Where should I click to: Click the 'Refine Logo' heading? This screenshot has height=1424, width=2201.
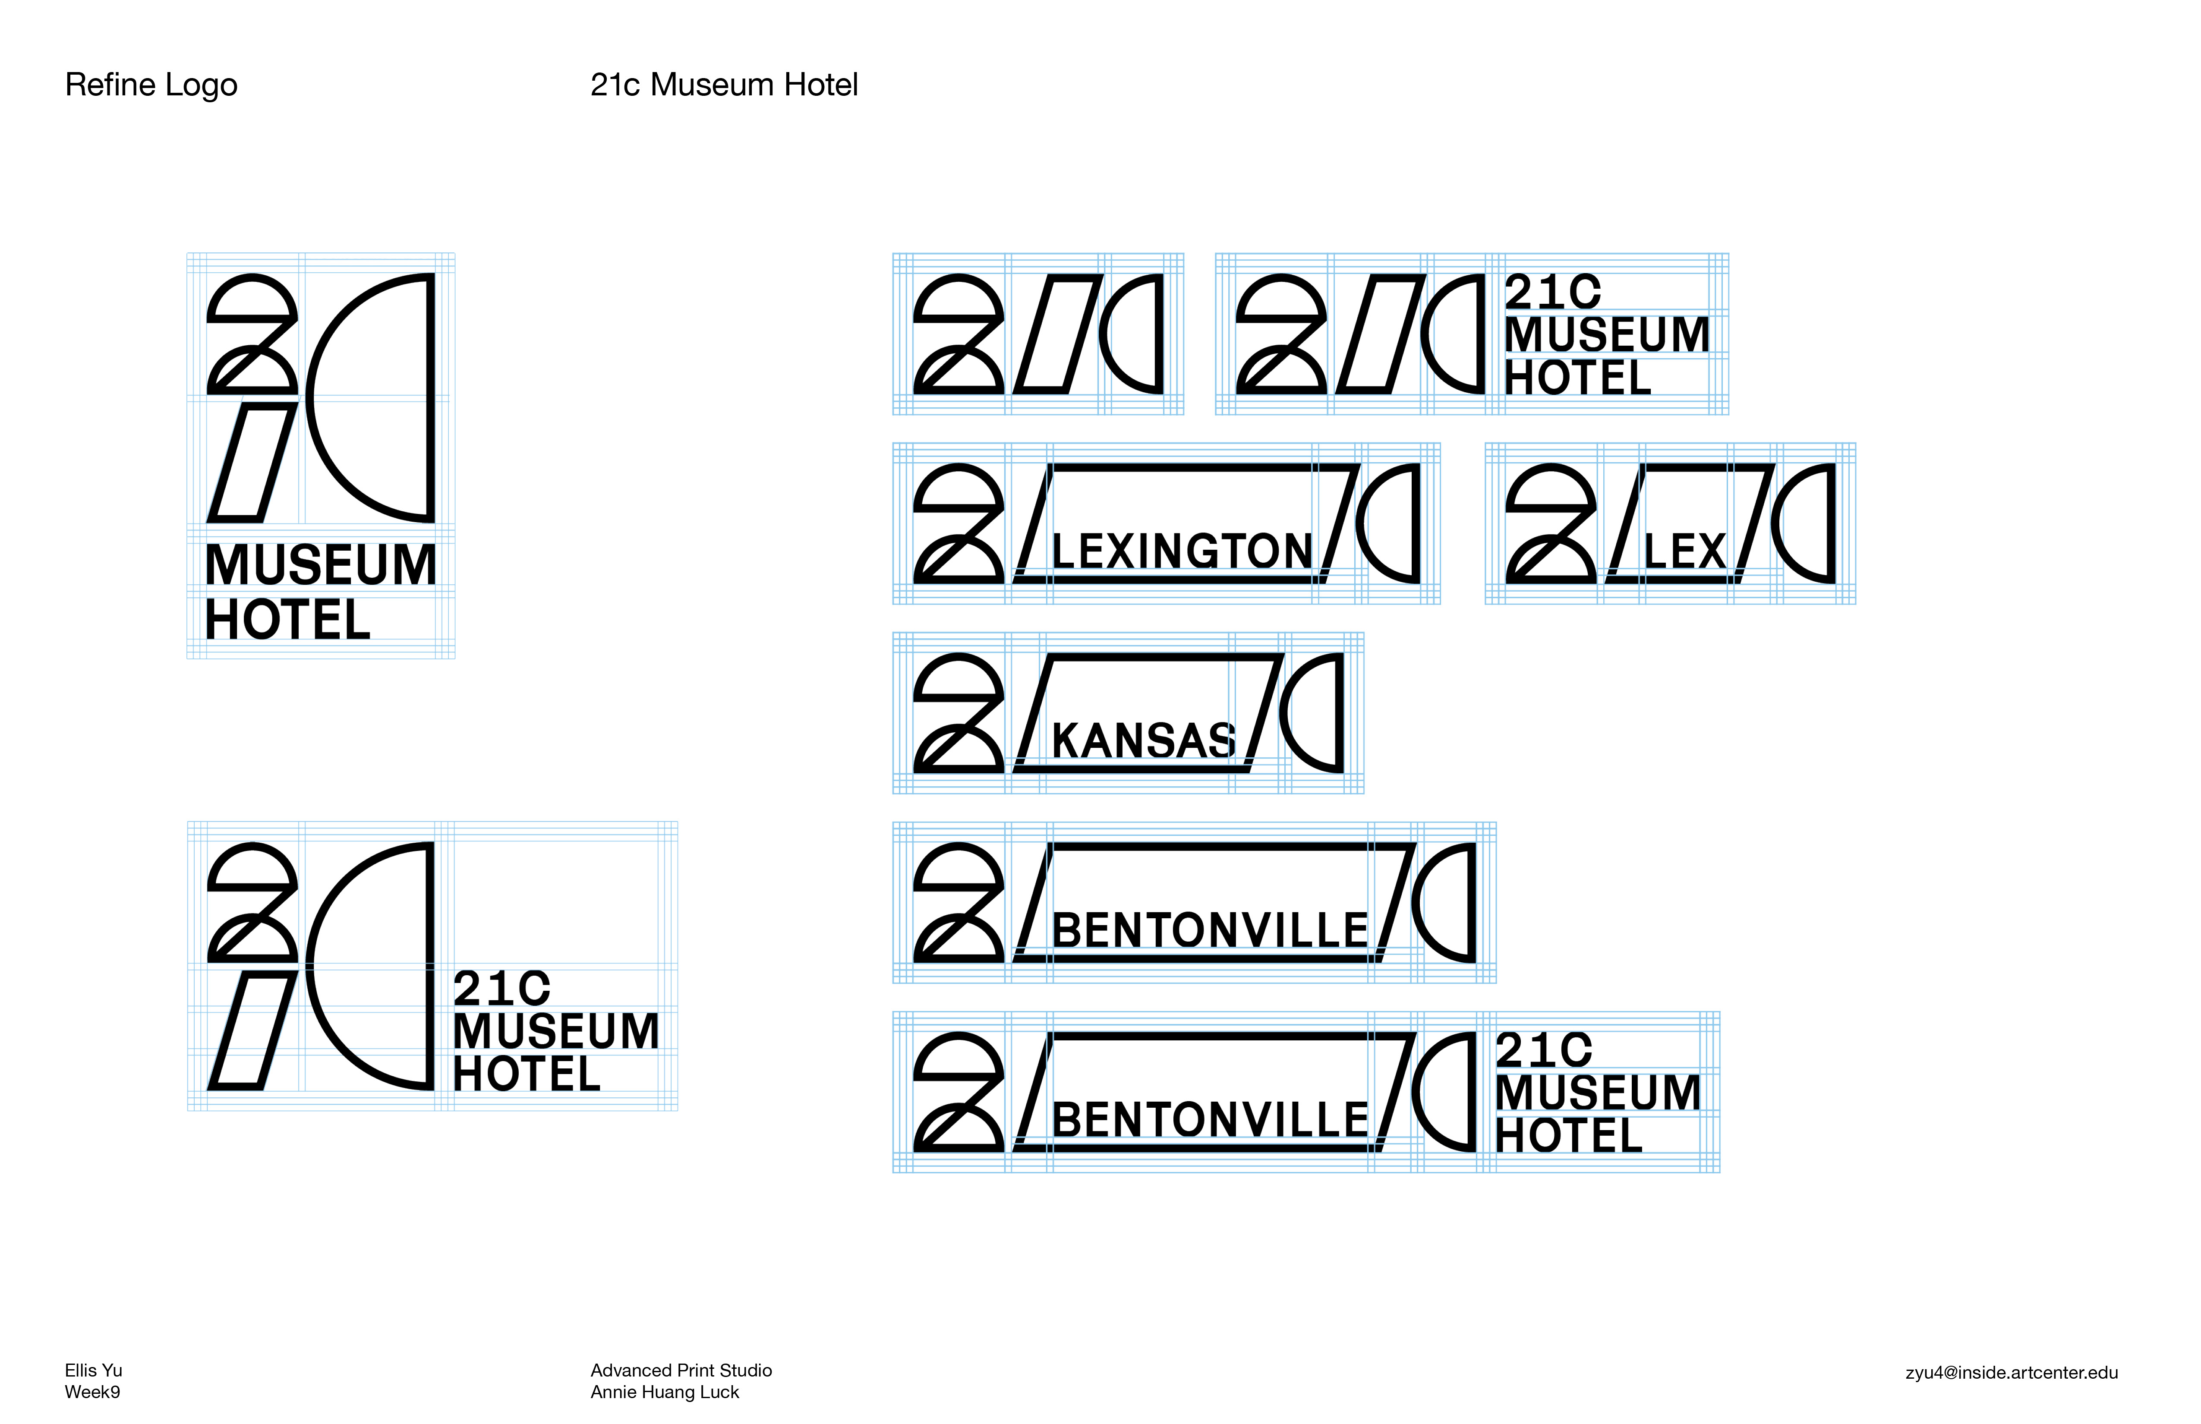151,85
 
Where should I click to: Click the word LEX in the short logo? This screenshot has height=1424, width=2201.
1684,552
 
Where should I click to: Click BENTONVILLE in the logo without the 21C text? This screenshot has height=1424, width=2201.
1210,930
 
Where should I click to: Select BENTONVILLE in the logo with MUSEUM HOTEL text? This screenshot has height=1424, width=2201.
1210,1120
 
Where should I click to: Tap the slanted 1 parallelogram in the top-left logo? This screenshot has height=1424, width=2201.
252,462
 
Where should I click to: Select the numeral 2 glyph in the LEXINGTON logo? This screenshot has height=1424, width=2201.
958,523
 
